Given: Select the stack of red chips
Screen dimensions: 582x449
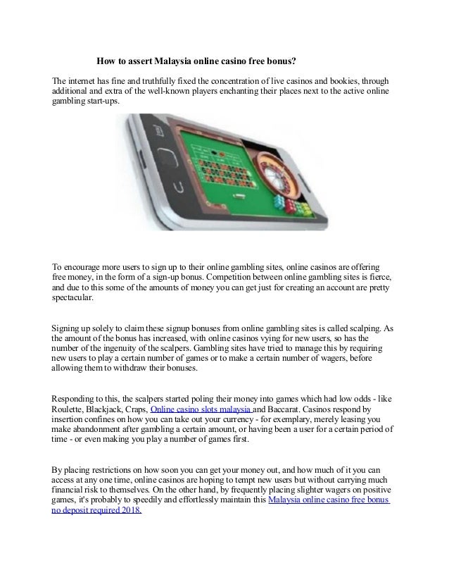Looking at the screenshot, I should pyautogui.click(x=277, y=206).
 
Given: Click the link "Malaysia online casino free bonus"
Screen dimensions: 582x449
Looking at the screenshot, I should pyautogui.click(x=331, y=500).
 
